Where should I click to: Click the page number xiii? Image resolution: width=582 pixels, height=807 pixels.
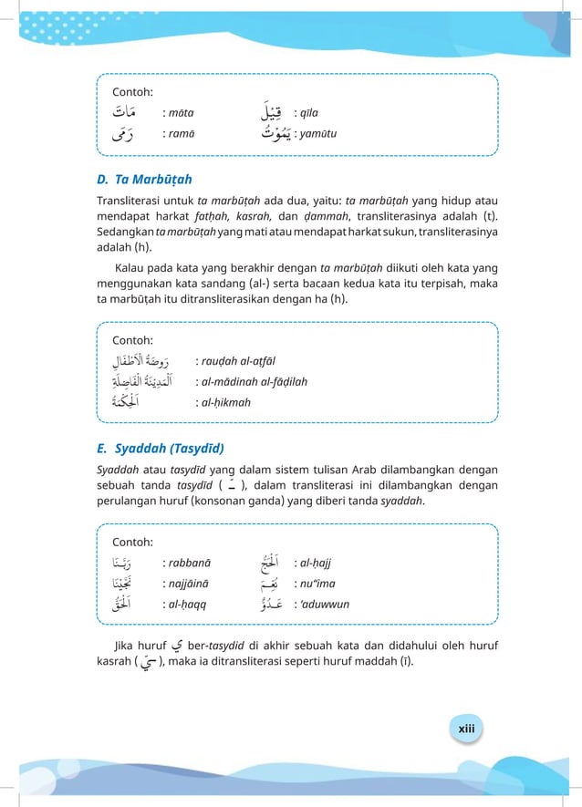(467, 729)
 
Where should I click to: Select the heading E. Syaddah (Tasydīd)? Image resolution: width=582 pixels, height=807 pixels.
(161, 448)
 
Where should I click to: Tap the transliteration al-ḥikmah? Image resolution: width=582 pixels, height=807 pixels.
(227, 402)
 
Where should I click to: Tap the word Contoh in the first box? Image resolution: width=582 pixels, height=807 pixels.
(131, 92)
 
